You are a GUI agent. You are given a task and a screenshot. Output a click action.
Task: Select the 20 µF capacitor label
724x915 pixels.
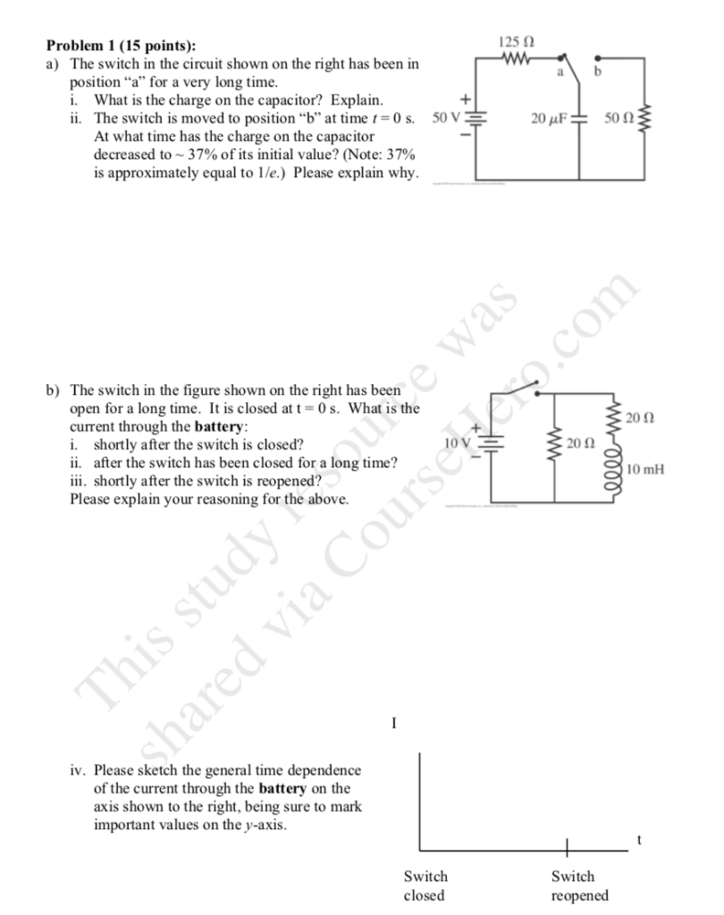pos(549,118)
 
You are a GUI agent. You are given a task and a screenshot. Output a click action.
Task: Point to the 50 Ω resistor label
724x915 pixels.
pos(618,118)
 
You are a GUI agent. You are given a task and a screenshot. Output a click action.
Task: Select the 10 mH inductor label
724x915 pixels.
pos(646,468)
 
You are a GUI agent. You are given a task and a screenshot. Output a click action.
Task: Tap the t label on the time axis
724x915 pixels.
pos(639,838)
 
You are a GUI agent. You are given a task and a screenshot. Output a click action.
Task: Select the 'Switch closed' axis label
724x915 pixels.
pos(425,886)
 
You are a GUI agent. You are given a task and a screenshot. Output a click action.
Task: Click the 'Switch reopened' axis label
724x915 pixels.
pos(579,886)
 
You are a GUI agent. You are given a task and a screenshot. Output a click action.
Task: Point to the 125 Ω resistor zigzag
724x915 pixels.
pos(519,61)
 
